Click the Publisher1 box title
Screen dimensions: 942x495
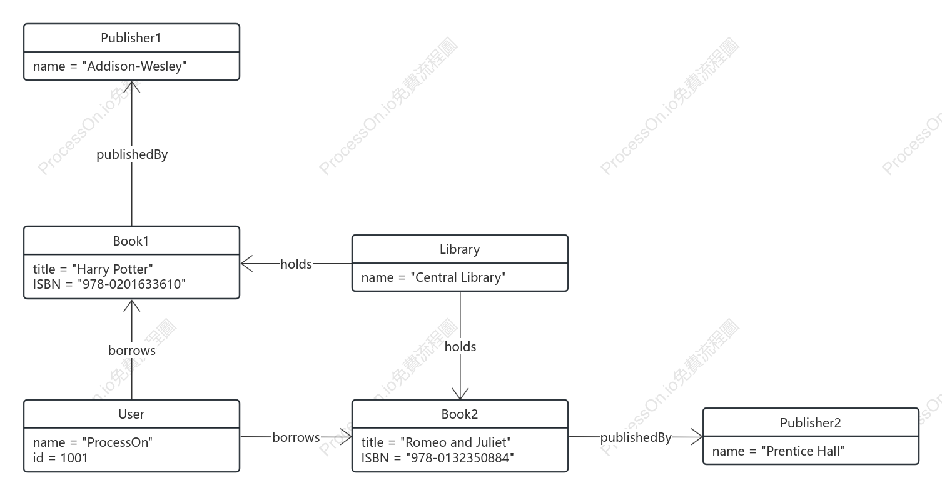pyautogui.click(x=131, y=38)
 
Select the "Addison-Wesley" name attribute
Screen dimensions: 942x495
pyautogui.click(x=109, y=66)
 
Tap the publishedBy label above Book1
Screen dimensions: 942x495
pyautogui.click(x=132, y=154)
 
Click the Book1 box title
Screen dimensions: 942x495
pyautogui.click(x=131, y=241)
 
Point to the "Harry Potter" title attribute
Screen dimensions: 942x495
pyautogui.click(x=93, y=269)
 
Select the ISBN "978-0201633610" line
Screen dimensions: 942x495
pyautogui.click(x=109, y=284)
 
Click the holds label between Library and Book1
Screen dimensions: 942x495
pyautogui.click(x=296, y=264)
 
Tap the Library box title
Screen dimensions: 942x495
pyautogui.click(x=460, y=249)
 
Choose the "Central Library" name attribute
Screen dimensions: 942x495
pyautogui.click(x=433, y=277)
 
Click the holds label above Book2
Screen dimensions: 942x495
pyautogui.click(x=460, y=347)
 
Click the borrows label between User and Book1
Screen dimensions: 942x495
pyautogui.click(x=132, y=351)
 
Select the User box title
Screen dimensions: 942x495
pyautogui.click(x=131, y=414)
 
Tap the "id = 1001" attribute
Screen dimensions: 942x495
pyautogui.click(x=61, y=458)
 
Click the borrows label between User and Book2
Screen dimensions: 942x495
pyautogui.click(x=296, y=437)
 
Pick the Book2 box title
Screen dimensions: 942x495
pyautogui.click(x=460, y=414)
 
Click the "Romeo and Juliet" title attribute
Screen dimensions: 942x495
pyautogui.click(x=436, y=442)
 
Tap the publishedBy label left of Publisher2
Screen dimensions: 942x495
pyautogui.click(x=636, y=437)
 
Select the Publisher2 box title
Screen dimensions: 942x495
pyautogui.click(x=811, y=423)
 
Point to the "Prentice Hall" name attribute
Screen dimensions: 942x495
pyautogui.click(x=778, y=451)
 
